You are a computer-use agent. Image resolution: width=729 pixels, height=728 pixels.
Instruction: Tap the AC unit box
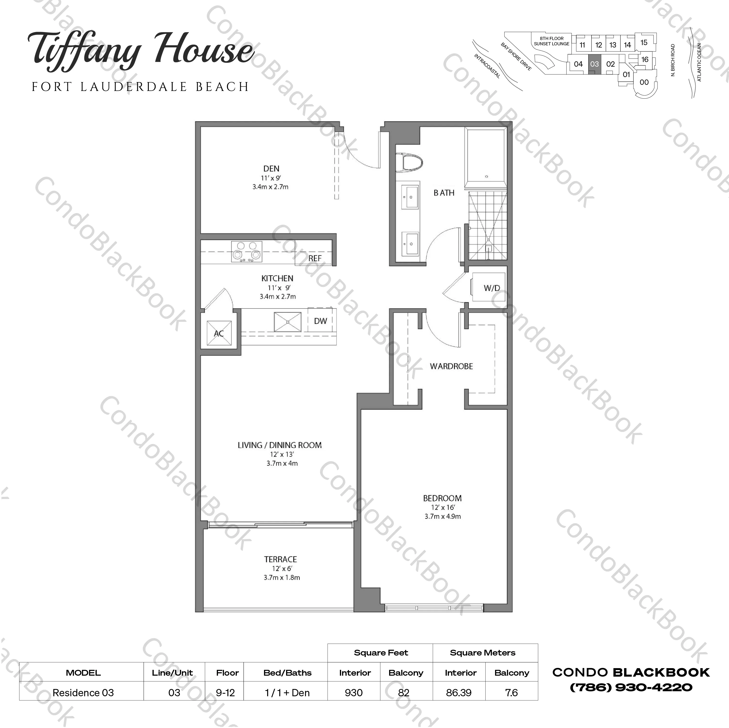[219, 333]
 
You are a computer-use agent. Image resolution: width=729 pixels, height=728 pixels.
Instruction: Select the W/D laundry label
[492, 288]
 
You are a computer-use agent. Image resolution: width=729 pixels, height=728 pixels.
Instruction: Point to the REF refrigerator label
[315, 258]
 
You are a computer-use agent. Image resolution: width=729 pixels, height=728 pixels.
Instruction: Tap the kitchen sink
[288, 322]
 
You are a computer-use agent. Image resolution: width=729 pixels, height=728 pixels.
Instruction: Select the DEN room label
[271, 169]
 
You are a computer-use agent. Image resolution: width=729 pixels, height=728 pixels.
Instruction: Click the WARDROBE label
[451, 366]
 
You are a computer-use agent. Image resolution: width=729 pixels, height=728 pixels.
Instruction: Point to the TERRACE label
[280, 559]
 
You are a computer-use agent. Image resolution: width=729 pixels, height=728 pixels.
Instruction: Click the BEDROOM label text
[442, 498]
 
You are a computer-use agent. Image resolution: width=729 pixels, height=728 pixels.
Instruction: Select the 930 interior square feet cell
[353, 693]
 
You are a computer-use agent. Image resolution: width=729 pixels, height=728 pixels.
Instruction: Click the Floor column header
[227, 673]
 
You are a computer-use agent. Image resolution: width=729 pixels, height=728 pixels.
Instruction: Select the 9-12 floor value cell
[225, 693]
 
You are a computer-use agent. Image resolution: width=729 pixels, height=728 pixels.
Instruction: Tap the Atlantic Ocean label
[699, 62]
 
